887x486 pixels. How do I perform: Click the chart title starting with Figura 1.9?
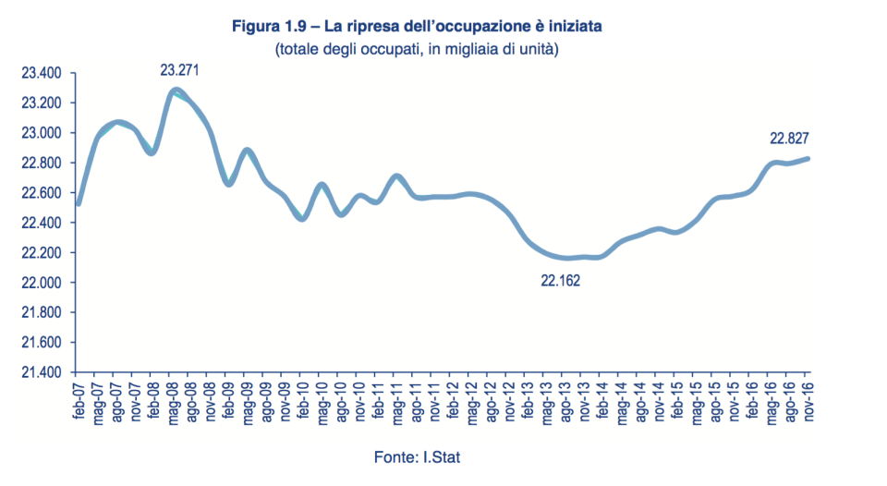click(416, 29)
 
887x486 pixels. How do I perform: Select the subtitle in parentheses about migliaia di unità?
click(416, 49)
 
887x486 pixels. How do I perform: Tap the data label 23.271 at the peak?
click(180, 69)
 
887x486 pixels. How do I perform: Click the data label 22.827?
click(790, 139)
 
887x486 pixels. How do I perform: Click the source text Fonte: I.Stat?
click(417, 456)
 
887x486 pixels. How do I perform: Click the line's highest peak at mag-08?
click(176, 91)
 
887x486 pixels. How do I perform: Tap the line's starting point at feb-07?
click(79, 203)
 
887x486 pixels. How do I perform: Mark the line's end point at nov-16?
click(809, 158)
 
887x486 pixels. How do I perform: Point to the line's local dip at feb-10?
click(303, 218)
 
